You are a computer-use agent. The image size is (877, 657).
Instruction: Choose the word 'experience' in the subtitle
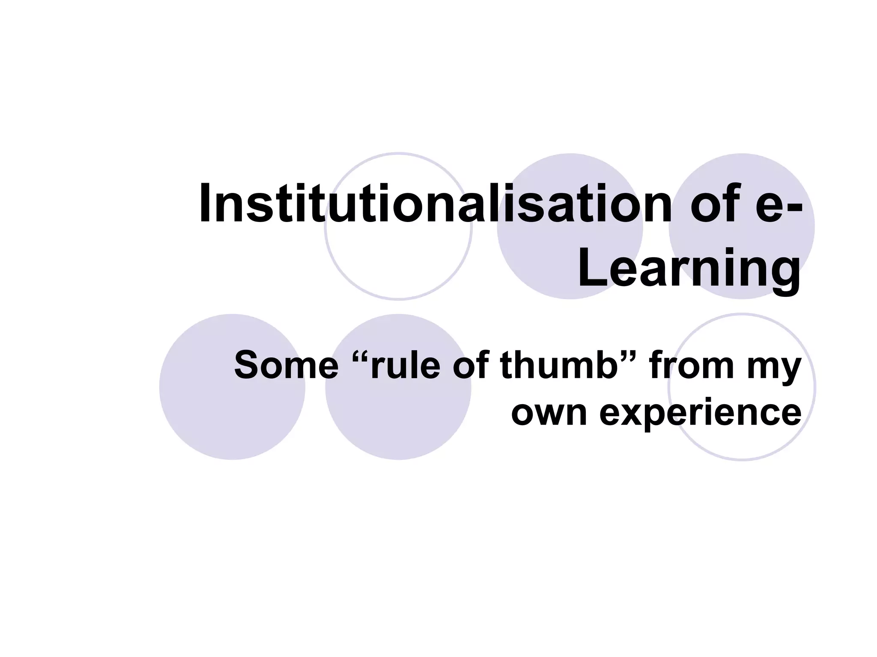(700, 414)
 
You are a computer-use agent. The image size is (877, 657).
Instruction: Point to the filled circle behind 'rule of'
(398, 419)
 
